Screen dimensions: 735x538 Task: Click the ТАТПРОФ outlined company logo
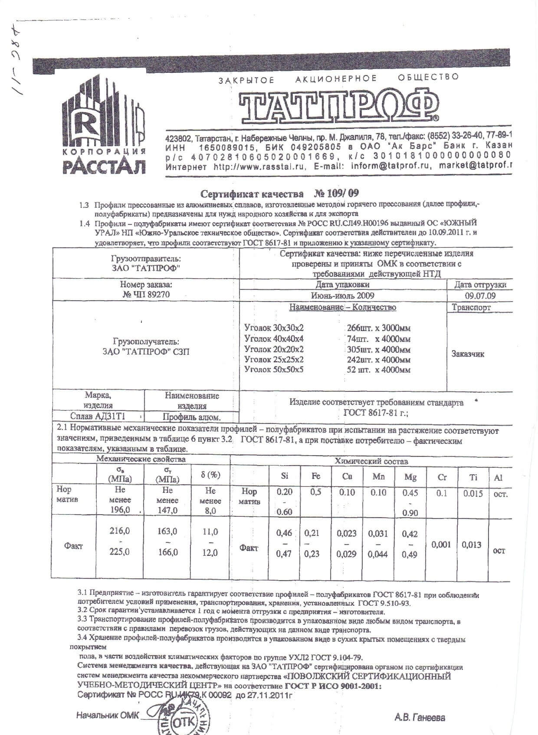[x=338, y=106]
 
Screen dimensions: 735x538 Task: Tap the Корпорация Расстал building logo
[x=104, y=126]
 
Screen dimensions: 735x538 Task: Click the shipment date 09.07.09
[x=480, y=296]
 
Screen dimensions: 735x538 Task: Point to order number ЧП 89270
[x=146, y=295]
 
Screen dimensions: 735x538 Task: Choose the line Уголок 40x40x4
[x=274, y=339]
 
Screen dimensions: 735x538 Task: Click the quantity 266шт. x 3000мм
[x=379, y=328]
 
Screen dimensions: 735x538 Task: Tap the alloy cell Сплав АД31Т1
[x=98, y=417]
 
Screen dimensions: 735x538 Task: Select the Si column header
[x=285, y=476]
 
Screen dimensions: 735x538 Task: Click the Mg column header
[x=410, y=477]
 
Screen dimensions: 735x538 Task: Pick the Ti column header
[x=473, y=477]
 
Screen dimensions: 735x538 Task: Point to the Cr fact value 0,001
[x=441, y=545]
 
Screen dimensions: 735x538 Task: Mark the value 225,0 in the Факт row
[x=120, y=552]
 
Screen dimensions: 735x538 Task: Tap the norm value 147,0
[x=167, y=510]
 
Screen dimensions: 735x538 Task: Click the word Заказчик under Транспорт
[x=468, y=354]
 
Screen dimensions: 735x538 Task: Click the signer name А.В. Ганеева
[x=420, y=718]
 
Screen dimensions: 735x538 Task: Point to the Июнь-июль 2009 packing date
[x=342, y=296]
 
